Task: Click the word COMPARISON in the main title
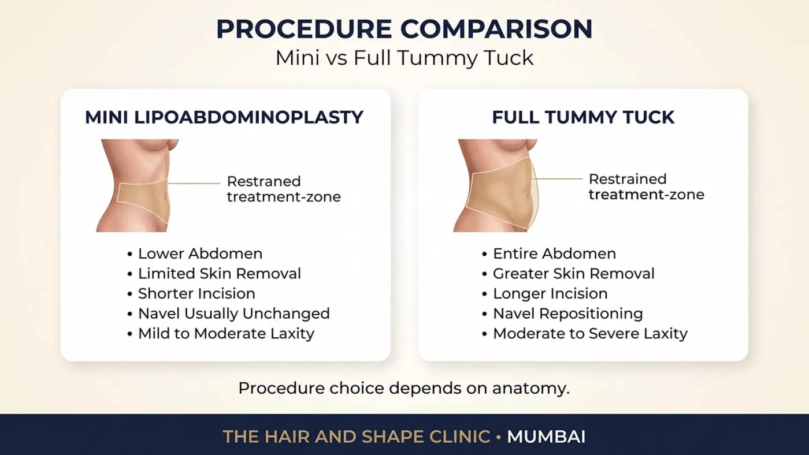click(496, 29)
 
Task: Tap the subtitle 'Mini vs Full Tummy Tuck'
click(404, 58)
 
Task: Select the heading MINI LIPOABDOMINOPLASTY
click(224, 117)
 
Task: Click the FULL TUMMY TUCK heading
click(583, 117)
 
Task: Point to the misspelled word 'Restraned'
click(264, 181)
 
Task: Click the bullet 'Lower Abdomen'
click(200, 253)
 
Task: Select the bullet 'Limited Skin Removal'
click(219, 274)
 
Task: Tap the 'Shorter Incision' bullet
click(196, 293)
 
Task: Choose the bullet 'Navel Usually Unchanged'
click(233, 314)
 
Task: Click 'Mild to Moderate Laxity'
click(226, 333)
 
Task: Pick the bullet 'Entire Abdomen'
click(554, 253)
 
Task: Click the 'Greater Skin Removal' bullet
click(573, 274)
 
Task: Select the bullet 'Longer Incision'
click(550, 293)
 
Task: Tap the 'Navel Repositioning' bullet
click(567, 314)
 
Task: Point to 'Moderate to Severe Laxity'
click(590, 333)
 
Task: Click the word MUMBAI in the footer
click(546, 437)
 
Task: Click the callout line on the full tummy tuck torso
click(558, 178)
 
